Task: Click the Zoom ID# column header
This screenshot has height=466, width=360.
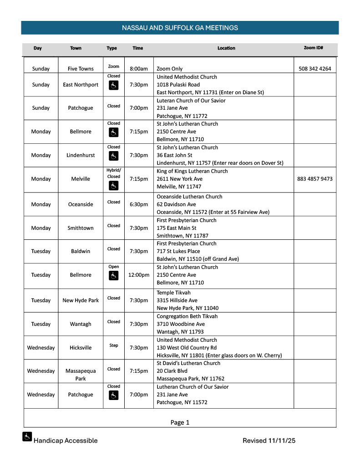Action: pyautogui.click(x=313, y=48)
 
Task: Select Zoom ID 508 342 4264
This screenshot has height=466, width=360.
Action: pyautogui.click(x=315, y=69)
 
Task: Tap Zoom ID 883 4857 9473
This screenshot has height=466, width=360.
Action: pyautogui.click(x=315, y=179)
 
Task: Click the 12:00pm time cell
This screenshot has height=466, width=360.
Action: pyautogui.click(x=139, y=275)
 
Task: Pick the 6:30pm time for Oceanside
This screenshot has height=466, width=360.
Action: pyautogui.click(x=139, y=204)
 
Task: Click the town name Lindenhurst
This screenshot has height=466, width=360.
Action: pyautogui.click(x=80, y=155)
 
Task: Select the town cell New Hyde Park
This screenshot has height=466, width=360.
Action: pyautogui.click(x=81, y=300)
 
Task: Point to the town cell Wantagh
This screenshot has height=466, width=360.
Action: pyautogui.click(x=81, y=324)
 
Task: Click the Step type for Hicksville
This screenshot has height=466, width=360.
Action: pyautogui.click(x=114, y=345)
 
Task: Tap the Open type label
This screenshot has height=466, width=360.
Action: pyautogui.click(x=114, y=267)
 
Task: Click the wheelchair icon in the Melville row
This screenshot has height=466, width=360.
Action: pyautogui.click(x=114, y=185)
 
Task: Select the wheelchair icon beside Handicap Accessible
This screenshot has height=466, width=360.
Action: pyautogui.click(x=27, y=437)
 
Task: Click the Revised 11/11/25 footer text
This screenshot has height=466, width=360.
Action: pyautogui.click(x=269, y=441)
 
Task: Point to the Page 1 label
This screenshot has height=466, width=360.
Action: pyautogui.click(x=180, y=422)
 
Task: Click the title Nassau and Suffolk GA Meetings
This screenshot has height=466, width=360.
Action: pyautogui.click(x=180, y=28)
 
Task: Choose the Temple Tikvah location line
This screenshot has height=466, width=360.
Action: pyautogui.click(x=174, y=293)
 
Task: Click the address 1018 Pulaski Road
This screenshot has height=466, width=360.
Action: pyautogui.click(x=181, y=85)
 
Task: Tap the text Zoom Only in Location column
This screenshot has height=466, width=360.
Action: pyautogui.click(x=169, y=69)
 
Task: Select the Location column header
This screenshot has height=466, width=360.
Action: pyautogui.click(x=226, y=48)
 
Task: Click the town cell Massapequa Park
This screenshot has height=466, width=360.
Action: pyautogui.click(x=81, y=375)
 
